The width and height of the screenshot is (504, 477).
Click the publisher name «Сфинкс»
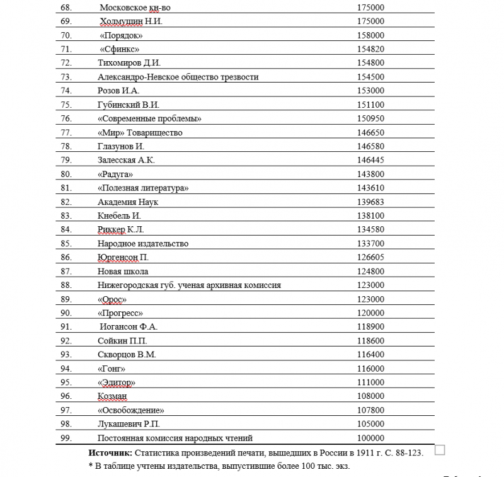[x=119, y=49]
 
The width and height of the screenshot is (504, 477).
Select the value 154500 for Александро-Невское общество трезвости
[x=370, y=77]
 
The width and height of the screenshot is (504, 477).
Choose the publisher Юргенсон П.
[x=123, y=257]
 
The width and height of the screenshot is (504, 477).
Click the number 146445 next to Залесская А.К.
[x=370, y=160]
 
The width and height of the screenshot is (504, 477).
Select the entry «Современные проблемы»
[x=150, y=118]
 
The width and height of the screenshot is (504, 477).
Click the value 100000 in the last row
[x=370, y=438]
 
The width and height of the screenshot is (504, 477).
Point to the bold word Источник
[x=110, y=453]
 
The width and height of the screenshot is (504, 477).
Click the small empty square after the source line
[x=440, y=450]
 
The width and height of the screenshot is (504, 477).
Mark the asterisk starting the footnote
[x=91, y=466]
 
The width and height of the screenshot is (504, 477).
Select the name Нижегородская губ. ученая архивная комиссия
[x=189, y=285]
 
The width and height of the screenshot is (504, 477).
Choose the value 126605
[x=370, y=257]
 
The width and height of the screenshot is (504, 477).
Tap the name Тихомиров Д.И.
[x=130, y=63]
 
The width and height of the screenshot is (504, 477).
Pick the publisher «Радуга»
[x=116, y=174]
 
